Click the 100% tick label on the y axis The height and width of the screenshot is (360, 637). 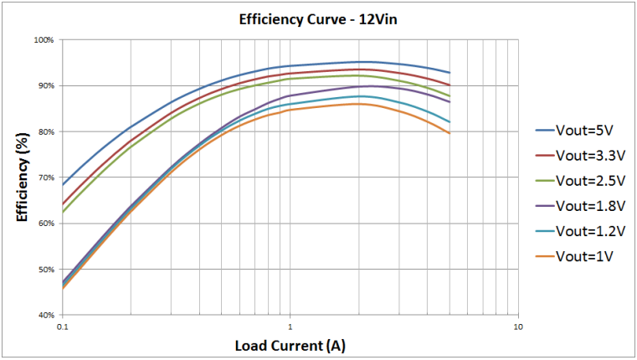click(x=44, y=40)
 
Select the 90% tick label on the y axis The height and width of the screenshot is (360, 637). click(x=45, y=86)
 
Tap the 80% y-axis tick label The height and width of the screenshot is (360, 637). click(x=45, y=132)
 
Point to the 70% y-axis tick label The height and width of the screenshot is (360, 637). click(x=45, y=177)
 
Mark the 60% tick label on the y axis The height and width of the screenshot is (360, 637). click(x=45, y=224)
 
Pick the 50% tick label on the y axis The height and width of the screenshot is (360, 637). click(x=45, y=270)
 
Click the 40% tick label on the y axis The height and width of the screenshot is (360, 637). click(x=45, y=316)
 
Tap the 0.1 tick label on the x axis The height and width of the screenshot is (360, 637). click(x=62, y=327)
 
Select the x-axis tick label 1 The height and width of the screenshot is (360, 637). click(x=290, y=327)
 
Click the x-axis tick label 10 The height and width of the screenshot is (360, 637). click(x=517, y=327)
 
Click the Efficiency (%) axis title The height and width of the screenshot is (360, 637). click(x=22, y=177)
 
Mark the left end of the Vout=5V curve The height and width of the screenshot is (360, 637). click(x=63, y=184)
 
